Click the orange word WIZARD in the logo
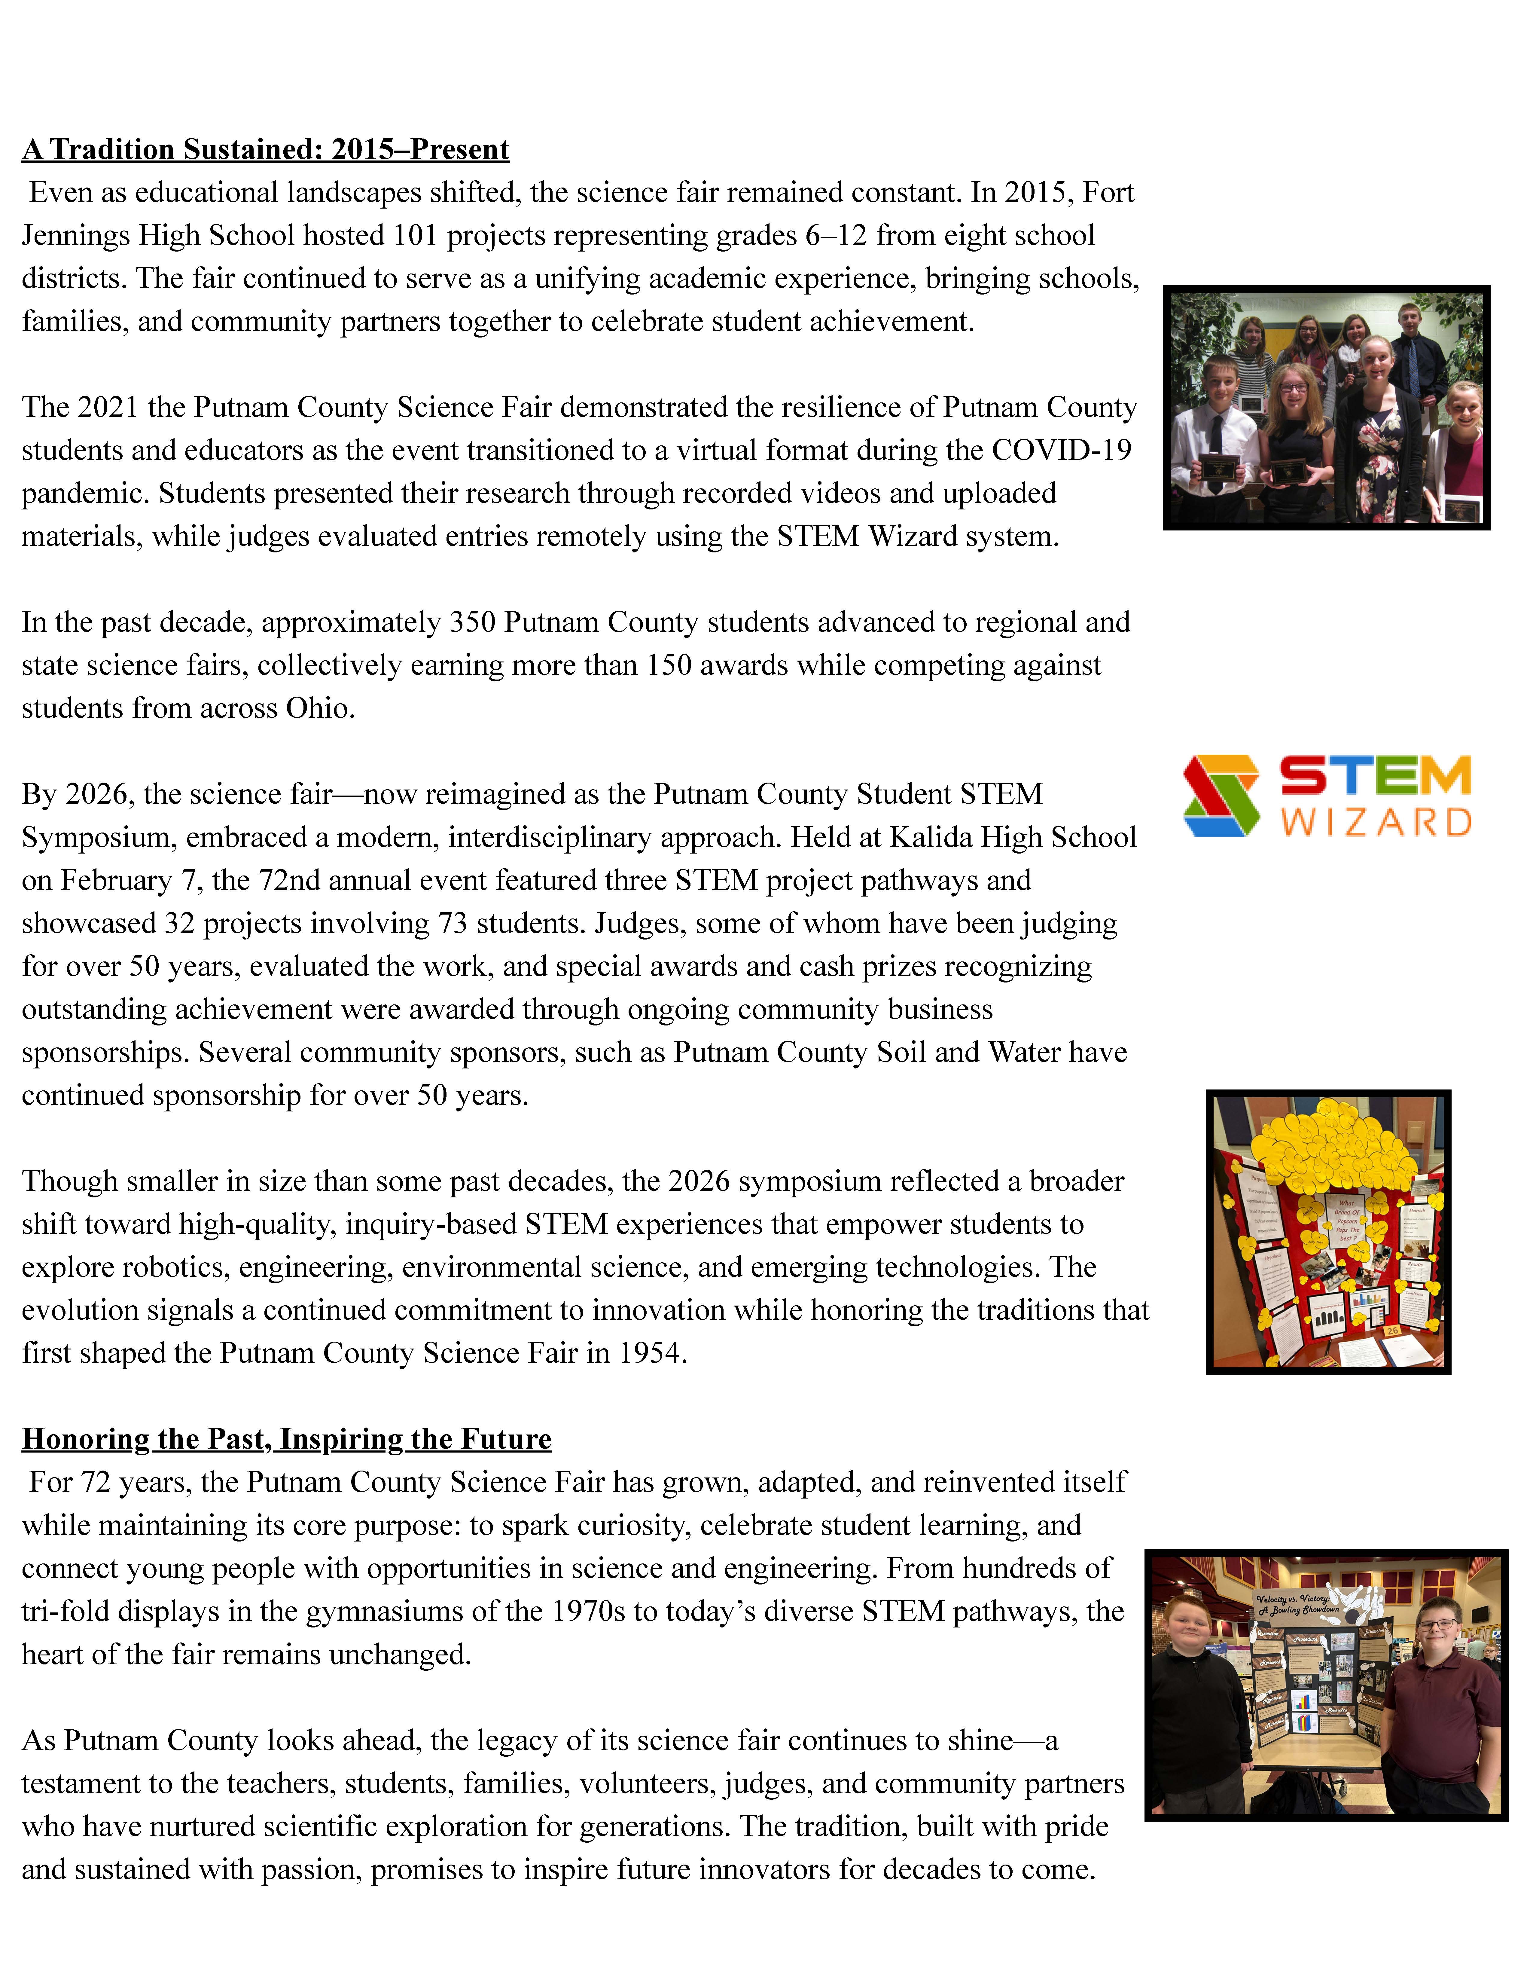click(1376, 823)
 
